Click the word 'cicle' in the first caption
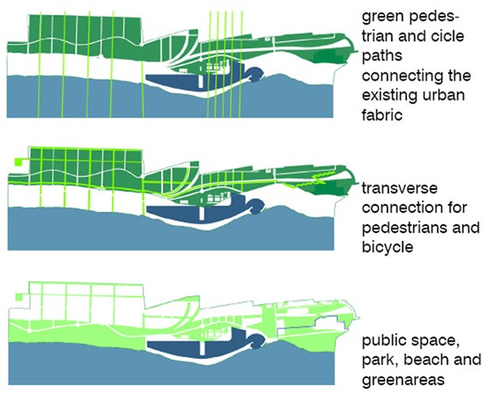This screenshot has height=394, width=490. tap(447, 36)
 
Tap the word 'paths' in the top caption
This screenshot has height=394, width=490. tap(381, 56)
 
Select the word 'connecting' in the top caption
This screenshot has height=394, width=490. tap(416, 76)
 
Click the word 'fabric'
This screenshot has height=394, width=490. tap(381, 115)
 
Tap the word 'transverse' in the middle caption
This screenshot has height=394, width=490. tap(399, 189)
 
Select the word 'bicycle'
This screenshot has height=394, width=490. tap(388, 247)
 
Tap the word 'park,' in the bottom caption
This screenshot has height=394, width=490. tap(381, 361)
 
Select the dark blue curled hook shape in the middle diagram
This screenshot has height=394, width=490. tap(256, 206)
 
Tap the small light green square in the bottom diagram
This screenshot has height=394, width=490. tap(19, 297)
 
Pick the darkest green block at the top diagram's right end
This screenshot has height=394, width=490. tap(328, 57)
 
